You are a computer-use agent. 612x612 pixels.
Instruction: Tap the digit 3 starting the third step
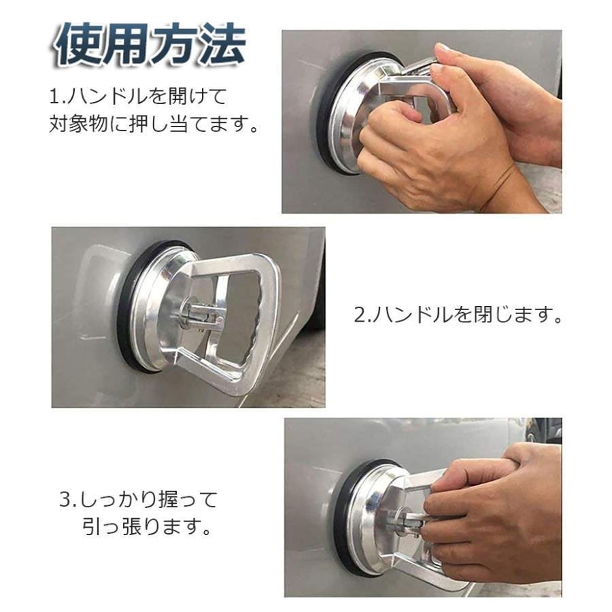click(x=65, y=500)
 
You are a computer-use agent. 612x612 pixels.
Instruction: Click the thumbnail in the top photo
click(x=441, y=50)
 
